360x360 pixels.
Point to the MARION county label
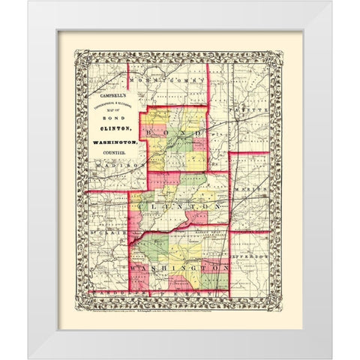pos(252,190)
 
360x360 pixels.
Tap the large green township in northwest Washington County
pos(154,248)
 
